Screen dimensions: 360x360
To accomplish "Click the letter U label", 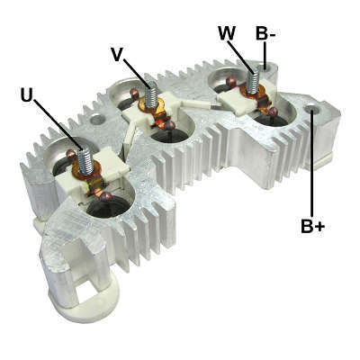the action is pyautogui.click(x=27, y=94).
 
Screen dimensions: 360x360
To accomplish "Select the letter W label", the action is pyautogui.click(x=227, y=33).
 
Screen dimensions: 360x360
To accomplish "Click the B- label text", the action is pyautogui.click(x=265, y=33).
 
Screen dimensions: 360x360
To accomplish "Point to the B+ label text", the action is pyautogui.click(x=312, y=226).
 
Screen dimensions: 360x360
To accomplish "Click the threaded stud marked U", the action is pyautogui.click(x=85, y=162).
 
